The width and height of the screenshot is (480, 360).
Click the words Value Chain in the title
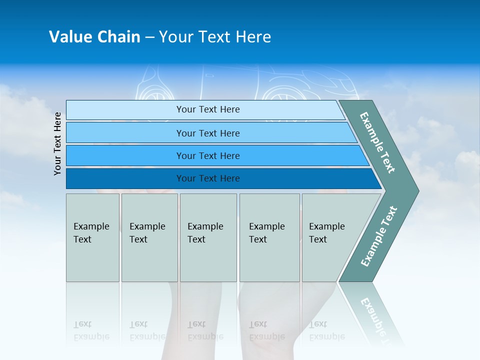(x=94, y=37)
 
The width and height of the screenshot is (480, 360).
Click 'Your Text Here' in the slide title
(x=215, y=37)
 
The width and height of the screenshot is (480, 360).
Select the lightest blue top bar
(x=207, y=109)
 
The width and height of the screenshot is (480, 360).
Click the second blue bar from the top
(x=207, y=133)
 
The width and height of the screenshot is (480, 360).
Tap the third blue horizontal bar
(x=207, y=155)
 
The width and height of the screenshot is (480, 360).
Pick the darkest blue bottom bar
(x=207, y=178)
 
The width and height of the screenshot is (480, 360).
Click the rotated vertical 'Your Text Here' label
(x=57, y=143)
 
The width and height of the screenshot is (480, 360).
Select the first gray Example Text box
(x=92, y=237)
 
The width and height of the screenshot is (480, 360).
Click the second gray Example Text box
(x=149, y=237)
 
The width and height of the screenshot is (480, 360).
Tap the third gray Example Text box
(x=208, y=237)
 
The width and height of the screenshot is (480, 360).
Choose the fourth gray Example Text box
(x=269, y=237)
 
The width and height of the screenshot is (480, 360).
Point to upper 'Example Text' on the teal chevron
(x=377, y=142)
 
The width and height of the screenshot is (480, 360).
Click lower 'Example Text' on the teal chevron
(x=379, y=236)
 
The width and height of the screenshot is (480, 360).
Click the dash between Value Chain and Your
(x=149, y=37)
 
